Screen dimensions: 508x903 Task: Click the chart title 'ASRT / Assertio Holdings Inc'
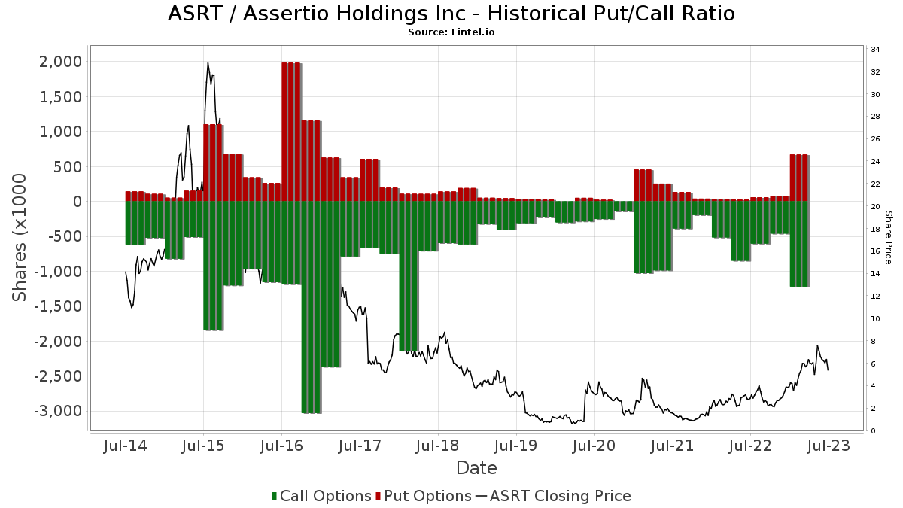[451, 14]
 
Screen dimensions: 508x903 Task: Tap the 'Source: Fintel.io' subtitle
[451, 32]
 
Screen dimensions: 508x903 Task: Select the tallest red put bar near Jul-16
[291, 132]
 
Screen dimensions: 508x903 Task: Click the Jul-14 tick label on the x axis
[125, 446]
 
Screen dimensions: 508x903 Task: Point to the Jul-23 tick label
[829, 446]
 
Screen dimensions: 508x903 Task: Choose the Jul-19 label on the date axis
[515, 446]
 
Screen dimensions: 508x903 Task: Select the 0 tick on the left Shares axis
[77, 202]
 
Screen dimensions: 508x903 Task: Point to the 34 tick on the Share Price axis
[876, 50]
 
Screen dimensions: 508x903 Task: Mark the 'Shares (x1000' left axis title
[20, 237]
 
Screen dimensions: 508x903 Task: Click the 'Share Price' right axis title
[888, 237]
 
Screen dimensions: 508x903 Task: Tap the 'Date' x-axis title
[476, 468]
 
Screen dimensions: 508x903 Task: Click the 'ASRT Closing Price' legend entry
[560, 496]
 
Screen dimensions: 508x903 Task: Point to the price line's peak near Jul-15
[208, 63]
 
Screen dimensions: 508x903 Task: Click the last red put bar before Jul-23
[799, 178]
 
